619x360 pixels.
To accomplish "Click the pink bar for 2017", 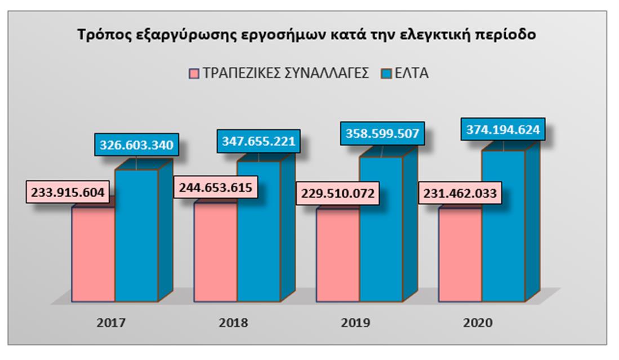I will [93, 254].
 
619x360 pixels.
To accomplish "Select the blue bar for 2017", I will [136, 237].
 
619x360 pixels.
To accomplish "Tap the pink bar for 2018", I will [215, 254].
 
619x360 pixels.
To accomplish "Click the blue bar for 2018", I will [258, 231].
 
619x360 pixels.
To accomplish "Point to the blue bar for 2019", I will [380, 231].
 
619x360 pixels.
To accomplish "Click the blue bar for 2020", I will [503, 225].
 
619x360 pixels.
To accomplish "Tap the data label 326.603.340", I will [137, 144].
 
